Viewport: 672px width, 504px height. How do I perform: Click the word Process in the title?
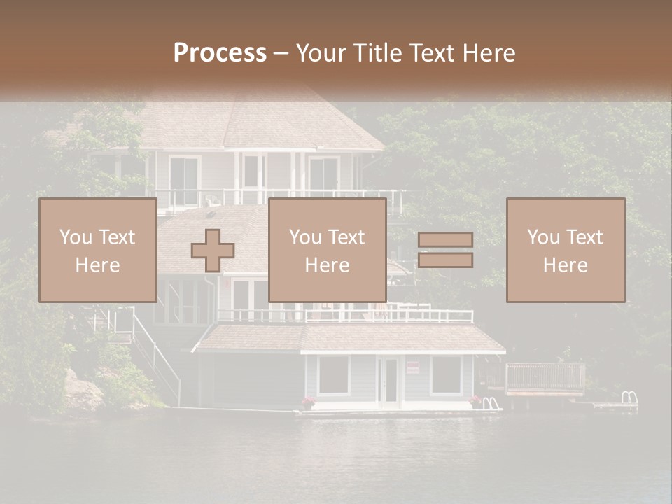220,53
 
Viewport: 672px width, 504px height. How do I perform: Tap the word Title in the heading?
378,53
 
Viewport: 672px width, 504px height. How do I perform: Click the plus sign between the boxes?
213,251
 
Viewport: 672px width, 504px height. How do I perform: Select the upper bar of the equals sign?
445,240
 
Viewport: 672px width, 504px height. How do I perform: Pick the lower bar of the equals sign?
445,260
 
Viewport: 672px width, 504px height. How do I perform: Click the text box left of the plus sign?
97,250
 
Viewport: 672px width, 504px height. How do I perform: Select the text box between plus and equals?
327,250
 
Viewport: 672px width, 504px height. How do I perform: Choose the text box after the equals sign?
565,250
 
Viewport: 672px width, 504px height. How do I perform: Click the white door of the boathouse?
388,381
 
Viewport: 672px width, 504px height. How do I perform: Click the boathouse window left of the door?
334,375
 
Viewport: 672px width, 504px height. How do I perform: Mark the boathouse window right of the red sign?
446,375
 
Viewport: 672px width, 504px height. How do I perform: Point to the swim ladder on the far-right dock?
629,398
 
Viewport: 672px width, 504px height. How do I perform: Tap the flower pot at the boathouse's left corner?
308,402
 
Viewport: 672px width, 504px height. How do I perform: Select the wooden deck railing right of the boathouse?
545,378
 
